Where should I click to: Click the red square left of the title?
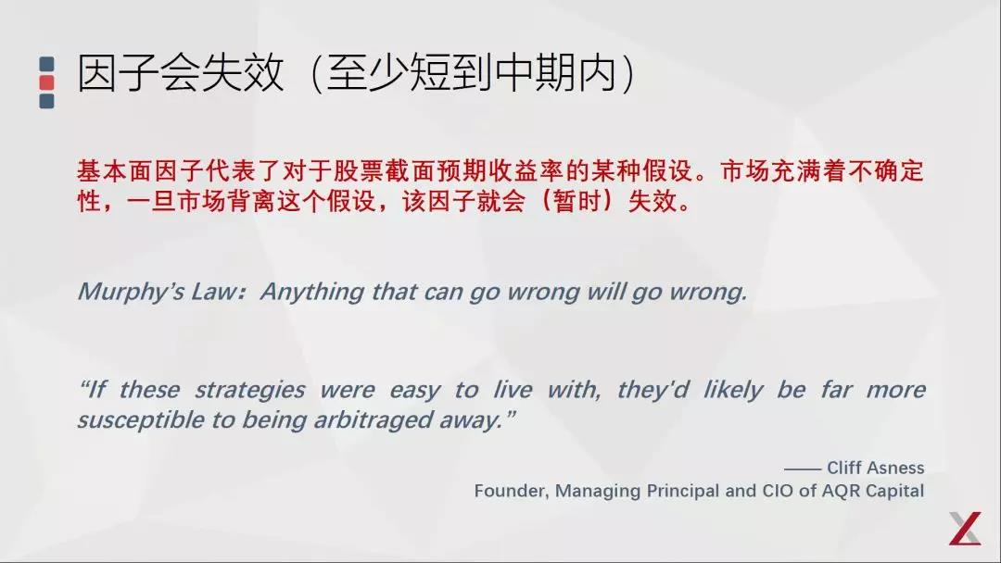click(x=46, y=82)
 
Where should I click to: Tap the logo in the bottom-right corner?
click(x=964, y=528)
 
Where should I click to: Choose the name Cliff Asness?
click(x=876, y=468)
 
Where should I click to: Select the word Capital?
click(x=894, y=491)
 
